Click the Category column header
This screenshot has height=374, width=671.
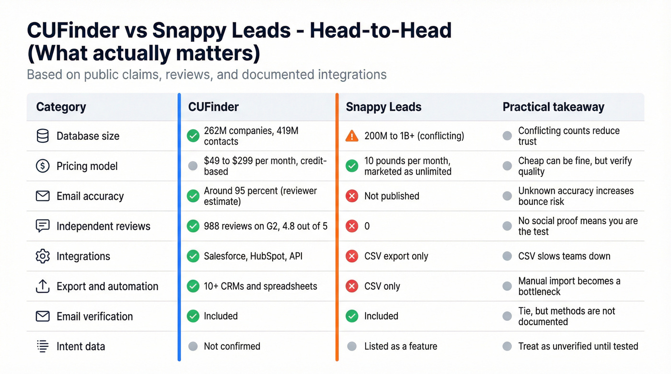point(61,107)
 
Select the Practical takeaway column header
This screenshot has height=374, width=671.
point(553,107)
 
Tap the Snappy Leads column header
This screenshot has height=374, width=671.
point(383,107)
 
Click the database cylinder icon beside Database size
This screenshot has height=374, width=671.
point(43,136)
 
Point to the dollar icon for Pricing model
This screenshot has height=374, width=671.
point(43,166)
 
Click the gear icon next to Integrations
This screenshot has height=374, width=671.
point(43,256)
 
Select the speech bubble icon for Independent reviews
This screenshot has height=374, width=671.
point(43,226)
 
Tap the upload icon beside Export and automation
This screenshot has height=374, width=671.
point(43,286)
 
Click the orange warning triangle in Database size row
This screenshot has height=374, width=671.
point(352,136)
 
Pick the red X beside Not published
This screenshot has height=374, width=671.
point(352,196)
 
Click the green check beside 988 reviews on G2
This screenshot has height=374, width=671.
point(193,226)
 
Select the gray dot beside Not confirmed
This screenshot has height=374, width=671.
point(193,346)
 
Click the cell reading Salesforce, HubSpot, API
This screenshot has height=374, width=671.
point(253,256)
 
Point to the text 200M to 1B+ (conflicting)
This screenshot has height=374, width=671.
point(414,136)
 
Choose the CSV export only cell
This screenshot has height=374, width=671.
point(396,256)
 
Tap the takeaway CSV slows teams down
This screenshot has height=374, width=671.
point(564,256)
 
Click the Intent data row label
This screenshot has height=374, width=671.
point(81,346)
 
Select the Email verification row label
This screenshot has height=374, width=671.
point(94,316)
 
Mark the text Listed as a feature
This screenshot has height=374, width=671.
point(400,346)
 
